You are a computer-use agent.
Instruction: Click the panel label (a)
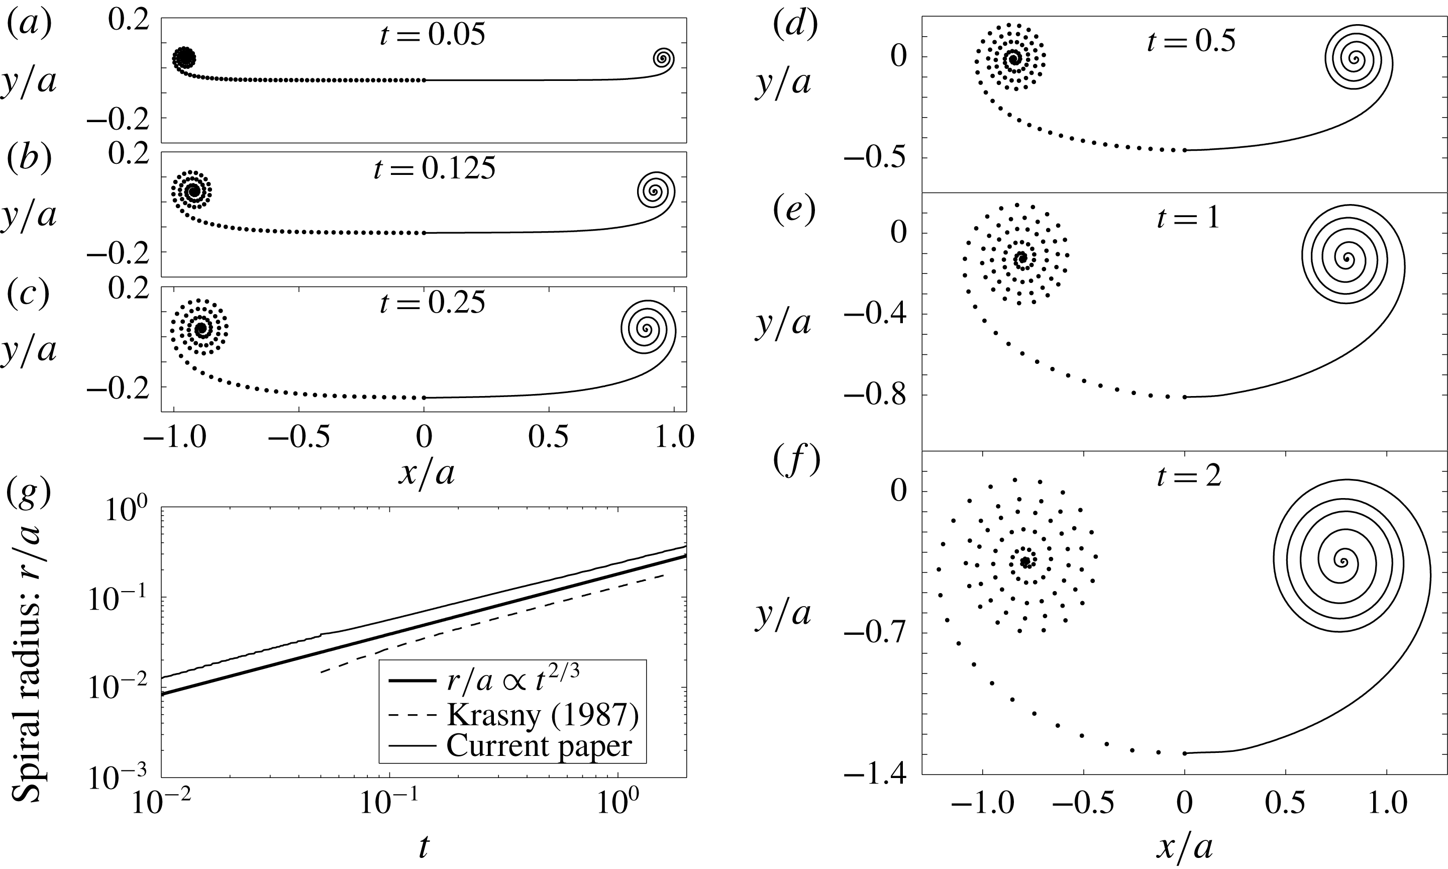29,25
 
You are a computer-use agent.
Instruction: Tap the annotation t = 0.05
432,35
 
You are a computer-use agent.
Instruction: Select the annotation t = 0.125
434,169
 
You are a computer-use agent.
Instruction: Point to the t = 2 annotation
1189,475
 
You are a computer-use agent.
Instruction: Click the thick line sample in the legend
412,681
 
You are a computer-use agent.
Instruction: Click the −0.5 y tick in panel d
876,158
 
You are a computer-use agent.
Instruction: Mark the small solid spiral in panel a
663,58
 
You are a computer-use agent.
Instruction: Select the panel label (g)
29,493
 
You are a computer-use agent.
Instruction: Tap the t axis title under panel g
423,847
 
